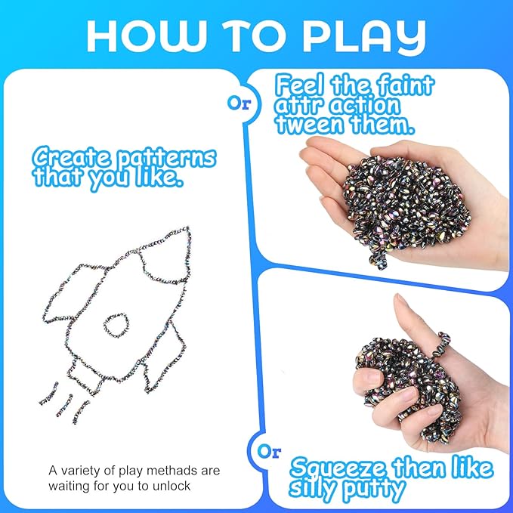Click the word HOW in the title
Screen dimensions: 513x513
pyautogui.click(x=144, y=36)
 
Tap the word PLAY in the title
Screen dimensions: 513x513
pyautogui.click(x=364, y=36)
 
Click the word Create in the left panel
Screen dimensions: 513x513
pyautogui.click(x=72, y=157)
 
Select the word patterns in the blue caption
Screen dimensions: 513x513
pyautogui.click(x=166, y=158)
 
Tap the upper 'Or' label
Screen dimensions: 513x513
pyautogui.click(x=240, y=104)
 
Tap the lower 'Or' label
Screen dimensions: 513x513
pyautogui.click(x=269, y=452)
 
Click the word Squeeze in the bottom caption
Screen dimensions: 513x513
pyautogui.click(x=339, y=468)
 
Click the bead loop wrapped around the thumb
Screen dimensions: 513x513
pyautogui.click(x=440, y=346)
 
